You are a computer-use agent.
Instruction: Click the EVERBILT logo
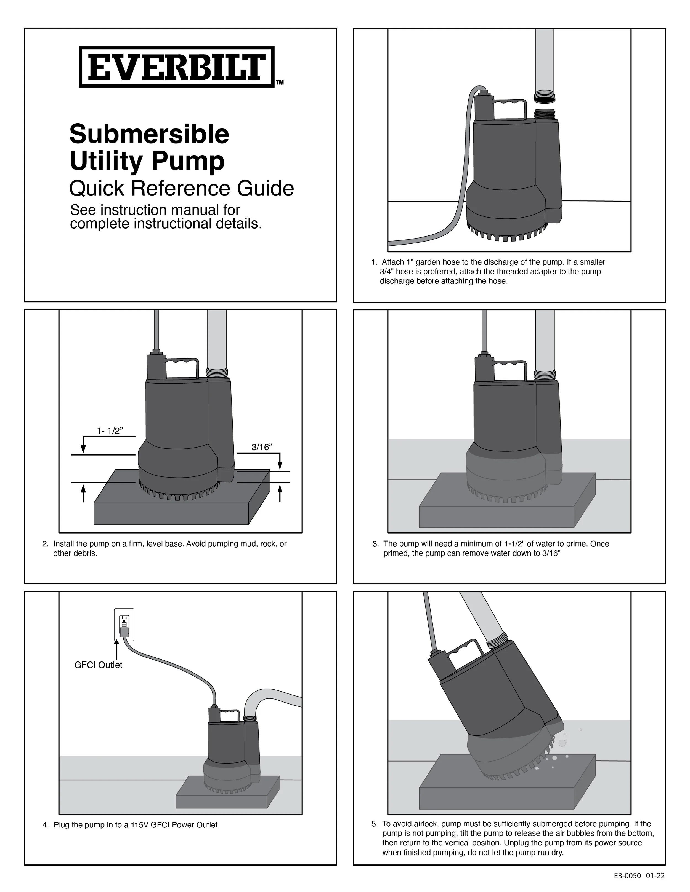point(176,67)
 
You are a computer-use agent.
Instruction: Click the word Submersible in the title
point(149,134)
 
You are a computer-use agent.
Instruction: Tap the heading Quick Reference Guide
point(182,189)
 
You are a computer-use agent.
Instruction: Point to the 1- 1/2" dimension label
point(110,431)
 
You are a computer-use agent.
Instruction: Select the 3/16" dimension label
point(261,447)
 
